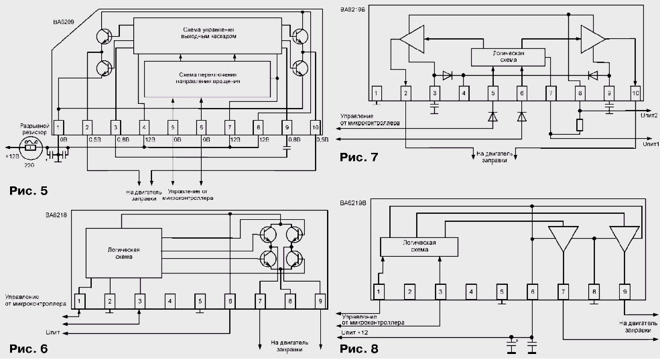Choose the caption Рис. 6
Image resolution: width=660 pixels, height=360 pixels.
click(29, 349)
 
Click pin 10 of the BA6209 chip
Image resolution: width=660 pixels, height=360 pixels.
click(316, 125)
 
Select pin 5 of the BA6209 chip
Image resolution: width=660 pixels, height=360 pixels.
click(173, 125)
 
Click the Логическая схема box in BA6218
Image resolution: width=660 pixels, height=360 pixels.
click(124, 253)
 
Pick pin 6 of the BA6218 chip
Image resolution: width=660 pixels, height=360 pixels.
click(229, 301)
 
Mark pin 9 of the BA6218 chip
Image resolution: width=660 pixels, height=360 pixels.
click(320, 301)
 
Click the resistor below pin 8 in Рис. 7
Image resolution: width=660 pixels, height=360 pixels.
click(580, 124)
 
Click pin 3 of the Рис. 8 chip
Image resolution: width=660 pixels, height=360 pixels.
click(440, 291)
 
